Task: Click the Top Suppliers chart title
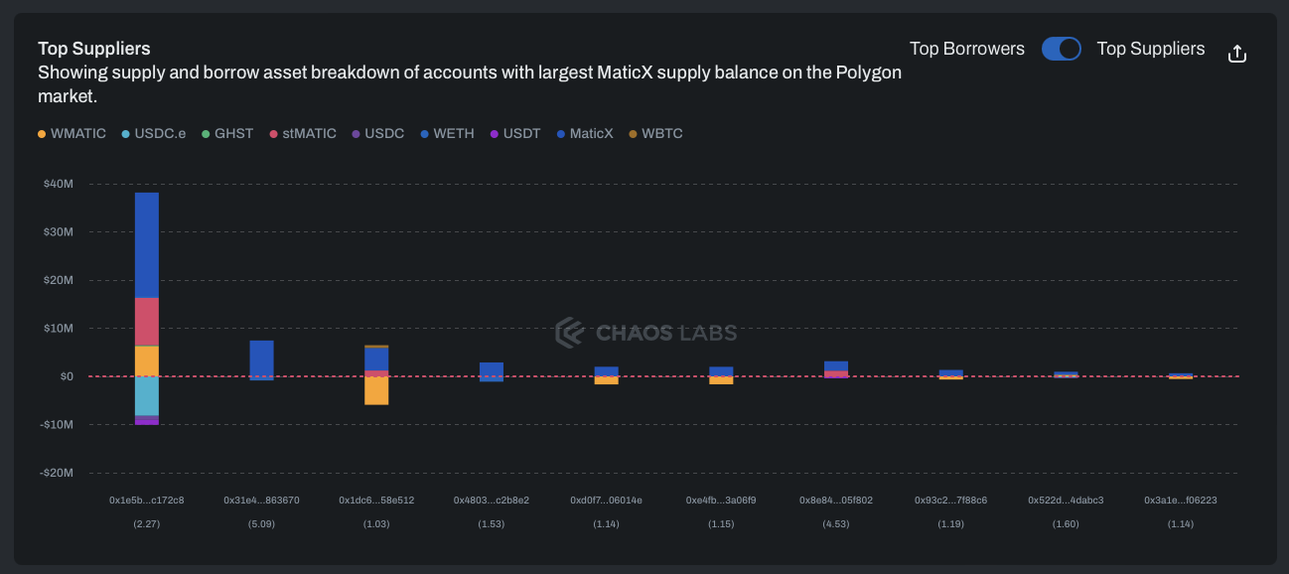(94, 48)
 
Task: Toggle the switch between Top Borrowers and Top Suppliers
(1061, 49)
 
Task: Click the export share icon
(1236, 54)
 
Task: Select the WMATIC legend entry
(72, 134)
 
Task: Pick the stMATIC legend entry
(303, 134)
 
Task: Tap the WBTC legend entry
(655, 134)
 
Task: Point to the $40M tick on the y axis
(59, 184)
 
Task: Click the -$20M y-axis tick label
(58, 473)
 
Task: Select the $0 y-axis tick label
(66, 376)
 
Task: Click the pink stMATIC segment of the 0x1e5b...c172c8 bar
(147, 321)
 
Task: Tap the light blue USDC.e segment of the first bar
(147, 395)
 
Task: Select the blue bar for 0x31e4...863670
(261, 359)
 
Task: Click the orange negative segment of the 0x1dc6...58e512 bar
(376, 390)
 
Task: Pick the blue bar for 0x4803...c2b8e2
(492, 369)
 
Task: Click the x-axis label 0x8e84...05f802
(836, 501)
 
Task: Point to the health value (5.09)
(261, 523)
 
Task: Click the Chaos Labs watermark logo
(645, 333)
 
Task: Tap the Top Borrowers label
(966, 49)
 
